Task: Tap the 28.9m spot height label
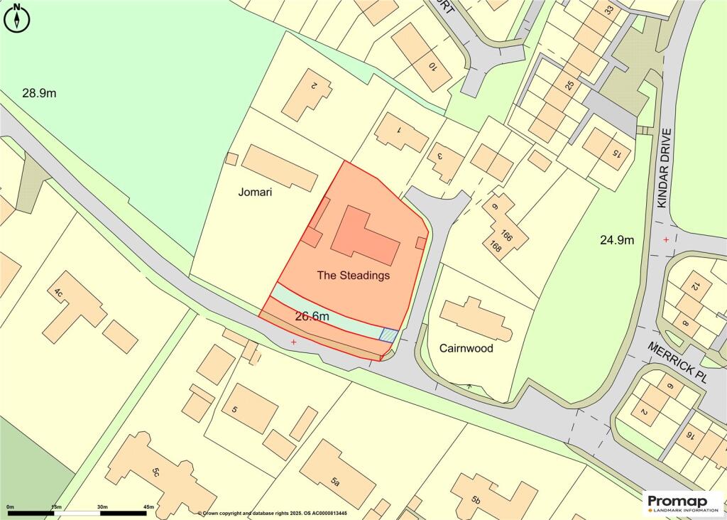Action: pos(39,93)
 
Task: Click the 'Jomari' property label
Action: pos(256,192)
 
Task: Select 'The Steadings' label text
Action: pos(354,276)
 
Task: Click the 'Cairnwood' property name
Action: pos(466,349)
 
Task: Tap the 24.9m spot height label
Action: pos(616,240)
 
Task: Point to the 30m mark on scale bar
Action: pos(102,507)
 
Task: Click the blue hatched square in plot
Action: pos(388,335)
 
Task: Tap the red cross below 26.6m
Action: pos(294,342)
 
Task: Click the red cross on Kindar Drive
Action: pos(666,239)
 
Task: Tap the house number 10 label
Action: pos(433,66)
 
